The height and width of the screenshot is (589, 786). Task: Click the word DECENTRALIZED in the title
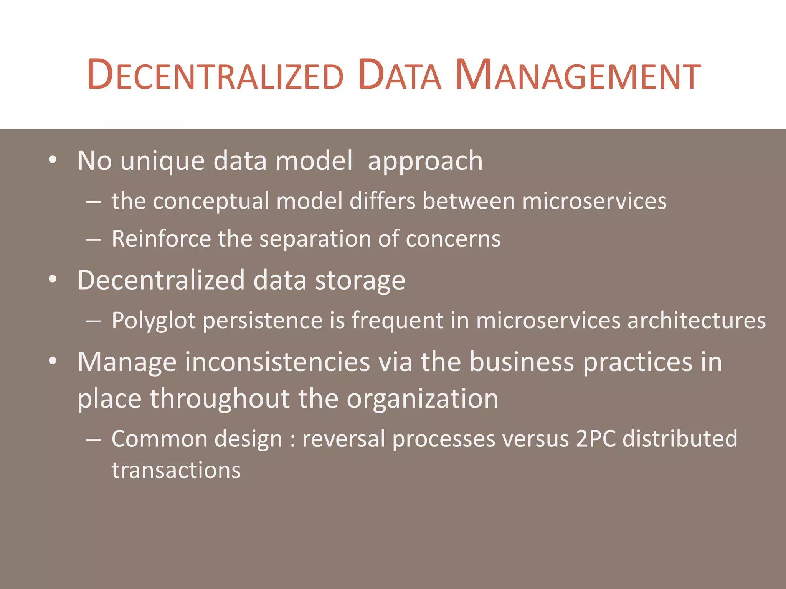(x=215, y=75)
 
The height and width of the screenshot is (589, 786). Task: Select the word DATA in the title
(x=400, y=75)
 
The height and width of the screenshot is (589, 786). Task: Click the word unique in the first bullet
(x=163, y=161)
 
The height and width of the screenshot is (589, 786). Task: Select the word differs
(x=382, y=201)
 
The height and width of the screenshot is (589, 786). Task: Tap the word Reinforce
(x=161, y=239)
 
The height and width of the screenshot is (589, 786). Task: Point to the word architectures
(x=696, y=321)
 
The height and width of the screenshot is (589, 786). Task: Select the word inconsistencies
(x=277, y=362)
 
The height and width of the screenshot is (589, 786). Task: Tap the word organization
(x=422, y=399)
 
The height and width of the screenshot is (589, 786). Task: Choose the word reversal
(x=343, y=439)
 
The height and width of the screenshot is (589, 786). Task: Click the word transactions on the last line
(x=176, y=471)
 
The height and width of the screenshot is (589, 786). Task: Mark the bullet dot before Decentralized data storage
(x=53, y=280)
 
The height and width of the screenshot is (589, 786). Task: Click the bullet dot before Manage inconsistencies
(x=53, y=361)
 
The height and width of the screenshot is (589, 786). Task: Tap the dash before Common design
(x=94, y=439)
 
